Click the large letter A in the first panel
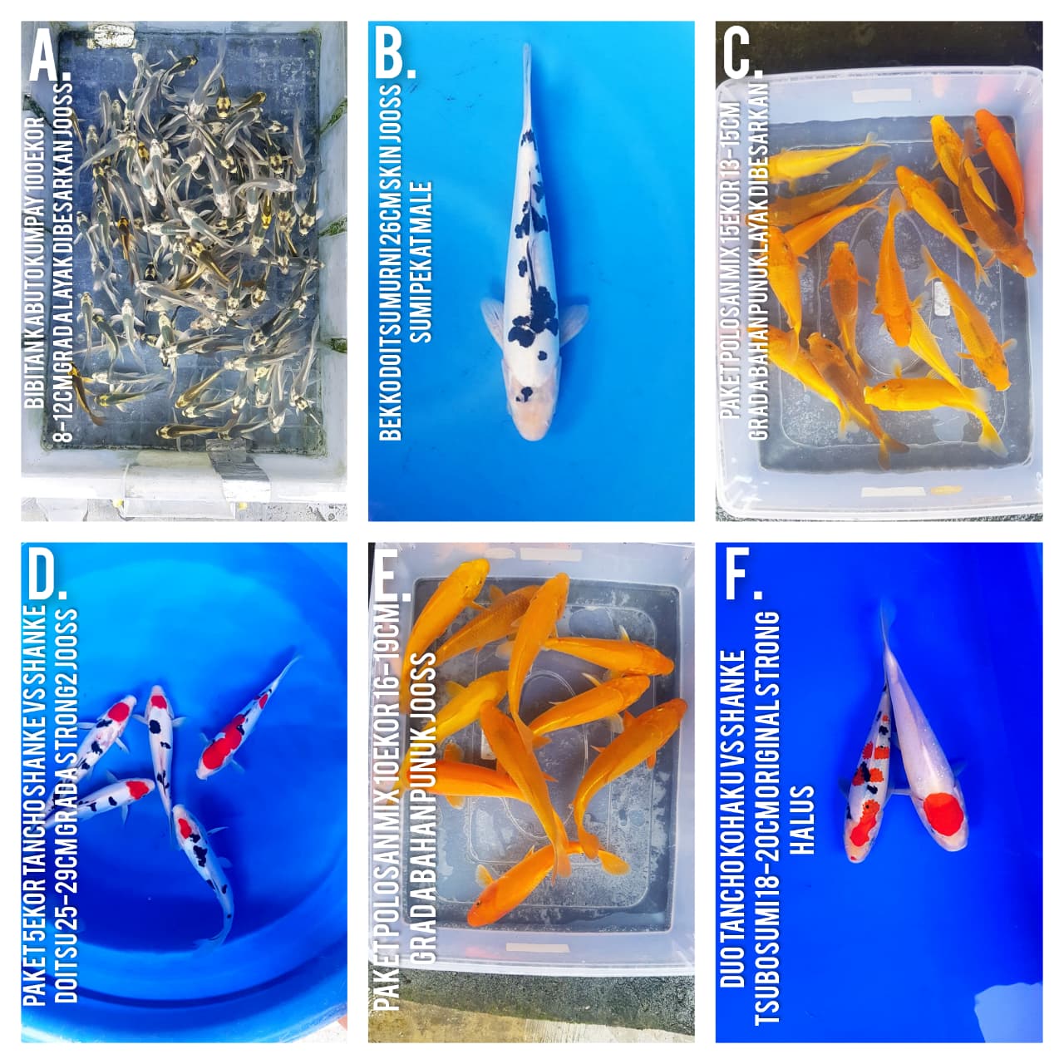click(46, 56)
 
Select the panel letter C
click(740, 56)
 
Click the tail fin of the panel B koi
click(526, 75)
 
